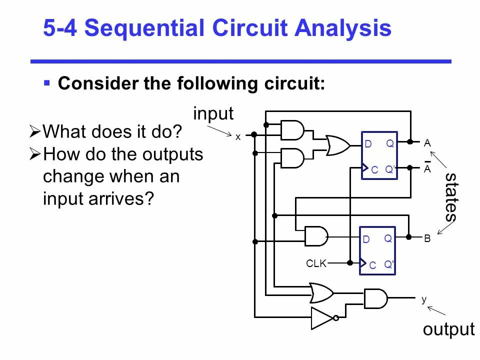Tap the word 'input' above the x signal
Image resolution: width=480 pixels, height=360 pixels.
point(213,113)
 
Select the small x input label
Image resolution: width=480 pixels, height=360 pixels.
point(238,136)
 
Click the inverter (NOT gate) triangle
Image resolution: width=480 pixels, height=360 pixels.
point(322,318)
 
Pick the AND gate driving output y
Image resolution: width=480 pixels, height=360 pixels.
point(375,298)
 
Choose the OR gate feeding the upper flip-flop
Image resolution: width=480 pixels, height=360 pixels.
point(338,145)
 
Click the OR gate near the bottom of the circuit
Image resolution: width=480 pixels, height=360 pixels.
point(321,292)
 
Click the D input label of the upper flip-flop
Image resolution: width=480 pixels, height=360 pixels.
point(368,144)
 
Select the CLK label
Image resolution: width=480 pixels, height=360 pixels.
point(316,263)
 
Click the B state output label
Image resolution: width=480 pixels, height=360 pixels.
point(427,239)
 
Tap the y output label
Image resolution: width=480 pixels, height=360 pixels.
point(423,299)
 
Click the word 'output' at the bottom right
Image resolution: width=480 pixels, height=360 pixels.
point(448,329)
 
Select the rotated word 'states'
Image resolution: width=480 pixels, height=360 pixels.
point(450,196)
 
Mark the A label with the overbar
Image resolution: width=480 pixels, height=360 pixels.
point(427,168)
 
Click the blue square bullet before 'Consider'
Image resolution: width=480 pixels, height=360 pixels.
point(46,82)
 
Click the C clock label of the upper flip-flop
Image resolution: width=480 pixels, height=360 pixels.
point(374,170)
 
